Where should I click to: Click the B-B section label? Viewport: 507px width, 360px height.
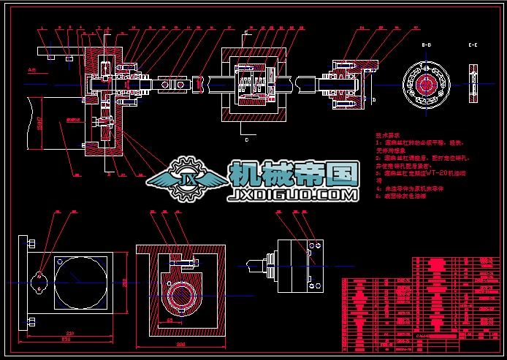[427, 45]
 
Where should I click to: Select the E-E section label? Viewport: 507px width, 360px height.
[474, 45]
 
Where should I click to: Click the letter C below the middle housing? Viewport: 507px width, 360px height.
[247, 137]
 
